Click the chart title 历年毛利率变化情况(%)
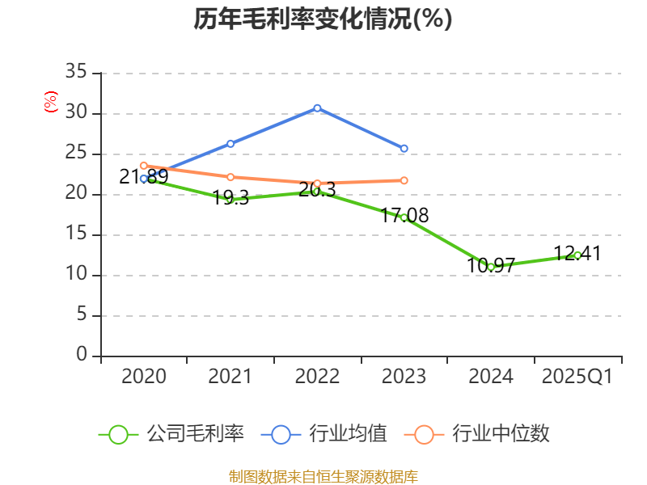tap(323, 19)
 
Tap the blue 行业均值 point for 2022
tap(317, 108)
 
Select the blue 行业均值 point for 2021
tap(230, 144)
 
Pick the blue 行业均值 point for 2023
tap(404, 149)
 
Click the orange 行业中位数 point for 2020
tap(144, 166)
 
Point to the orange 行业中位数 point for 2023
tap(404, 180)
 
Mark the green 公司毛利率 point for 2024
tap(491, 267)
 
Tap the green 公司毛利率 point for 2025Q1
tap(577, 255)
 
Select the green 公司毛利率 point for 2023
tap(404, 217)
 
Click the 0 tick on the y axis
tap(81, 356)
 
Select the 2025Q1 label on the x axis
tap(577, 377)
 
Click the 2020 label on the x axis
tap(144, 377)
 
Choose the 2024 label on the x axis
tap(491, 377)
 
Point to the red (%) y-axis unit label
tap(51, 102)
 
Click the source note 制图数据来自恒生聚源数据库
tap(323, 476)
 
